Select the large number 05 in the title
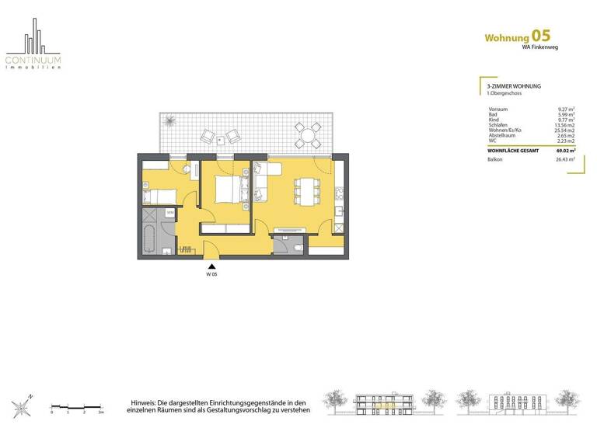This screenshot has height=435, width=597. click(542, 36)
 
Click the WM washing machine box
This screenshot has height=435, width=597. click(169, 212)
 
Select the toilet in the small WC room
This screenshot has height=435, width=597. click(298, 246)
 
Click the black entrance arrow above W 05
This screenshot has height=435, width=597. click(211, 266)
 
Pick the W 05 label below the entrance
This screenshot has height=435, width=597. click(211, 275)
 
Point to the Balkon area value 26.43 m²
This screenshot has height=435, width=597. click(564, 159)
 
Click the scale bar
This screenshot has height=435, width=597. click(76, 406)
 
